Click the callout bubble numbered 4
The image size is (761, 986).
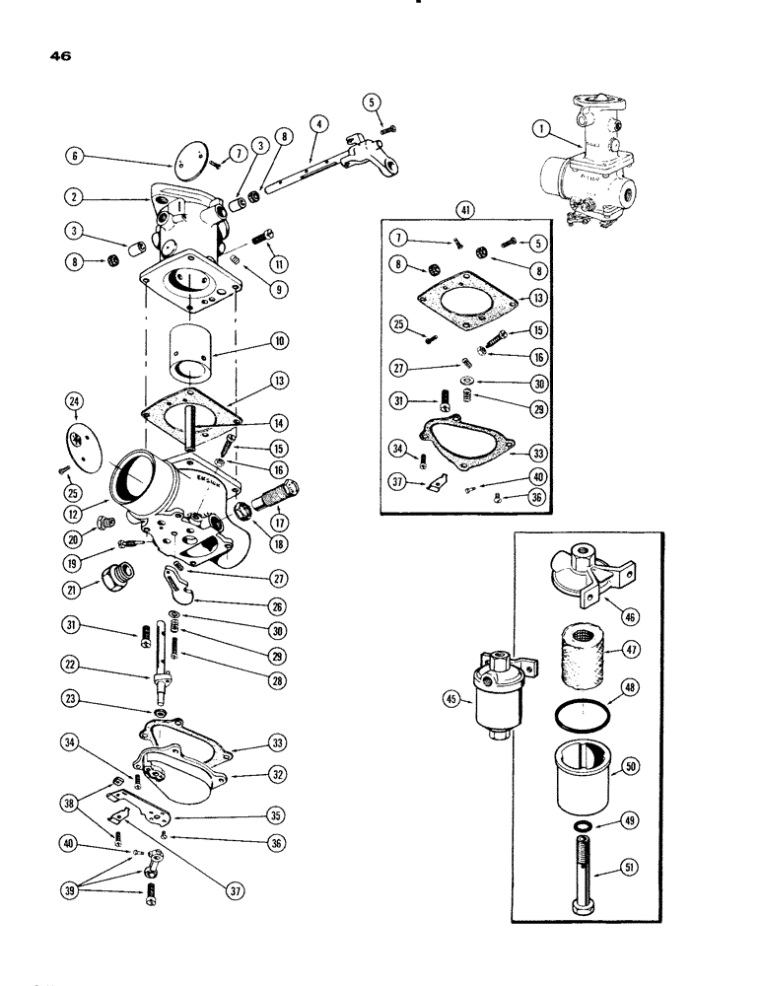(317, 127)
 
